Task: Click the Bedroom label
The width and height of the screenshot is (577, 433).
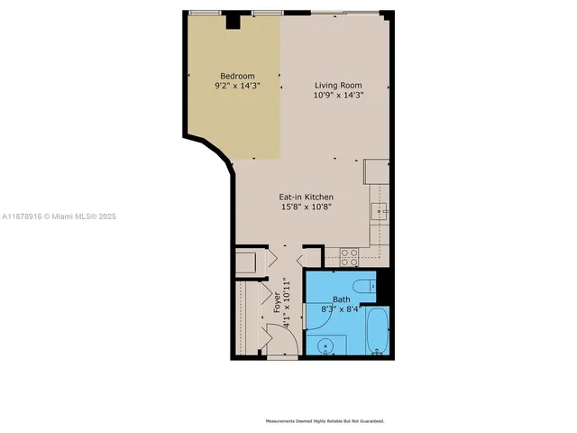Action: pos(237,76)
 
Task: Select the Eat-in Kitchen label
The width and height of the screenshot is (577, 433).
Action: pos(307,197)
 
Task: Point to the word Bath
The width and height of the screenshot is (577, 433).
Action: pos(342,299)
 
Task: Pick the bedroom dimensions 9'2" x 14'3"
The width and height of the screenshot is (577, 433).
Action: pos(237,86)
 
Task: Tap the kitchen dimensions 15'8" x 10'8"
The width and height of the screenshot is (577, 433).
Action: pos(307,207)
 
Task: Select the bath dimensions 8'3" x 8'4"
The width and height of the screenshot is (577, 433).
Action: pos(343,309)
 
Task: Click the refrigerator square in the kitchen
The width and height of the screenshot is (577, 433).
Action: pos(376,170)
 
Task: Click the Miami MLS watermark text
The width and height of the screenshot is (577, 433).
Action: pos(59,216)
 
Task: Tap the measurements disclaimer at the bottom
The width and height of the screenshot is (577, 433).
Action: pos(324,421)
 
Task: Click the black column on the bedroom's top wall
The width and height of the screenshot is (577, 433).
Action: pos(233,20)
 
